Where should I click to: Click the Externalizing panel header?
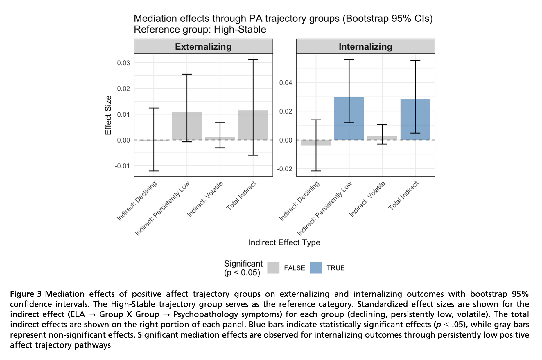(x=203, y=47)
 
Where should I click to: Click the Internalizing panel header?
(x=365, y=47)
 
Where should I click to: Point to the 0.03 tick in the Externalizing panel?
(x=123, y=63)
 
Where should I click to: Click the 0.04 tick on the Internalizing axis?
(x=286, y=83)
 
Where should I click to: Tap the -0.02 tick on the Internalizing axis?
(x=285, y=169)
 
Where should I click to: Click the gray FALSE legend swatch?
(x=273, y=268)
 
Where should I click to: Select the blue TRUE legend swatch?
(x=316, y=268)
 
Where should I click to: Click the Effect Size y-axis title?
(x=108, y=115)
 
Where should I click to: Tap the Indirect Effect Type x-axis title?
(x=284, y=242)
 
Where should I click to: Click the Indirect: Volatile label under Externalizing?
(x=205, y=199)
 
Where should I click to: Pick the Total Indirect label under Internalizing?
(x=403, y=195)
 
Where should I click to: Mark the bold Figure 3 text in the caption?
(x=26, y=294)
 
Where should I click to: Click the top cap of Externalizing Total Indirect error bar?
(x=253, y=60)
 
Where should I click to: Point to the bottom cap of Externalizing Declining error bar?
(x=154, y=171)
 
